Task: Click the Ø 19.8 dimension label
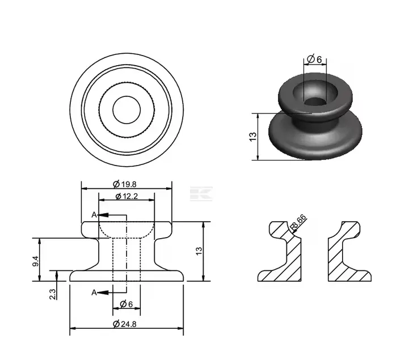pos(127,184)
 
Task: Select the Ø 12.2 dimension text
pos(127,196)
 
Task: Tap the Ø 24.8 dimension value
pos(127,324)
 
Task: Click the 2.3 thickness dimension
pos(53,294)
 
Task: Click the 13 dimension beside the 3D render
pos(253,136)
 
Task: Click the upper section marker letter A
pos(94,215)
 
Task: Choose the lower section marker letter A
pos(94,292)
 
